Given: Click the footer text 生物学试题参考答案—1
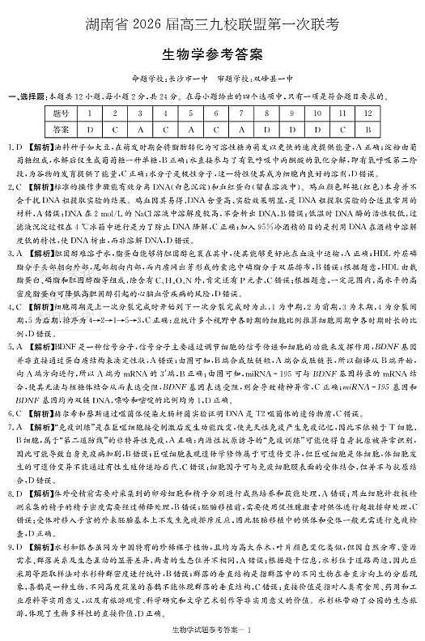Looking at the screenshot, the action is (212, 630).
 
